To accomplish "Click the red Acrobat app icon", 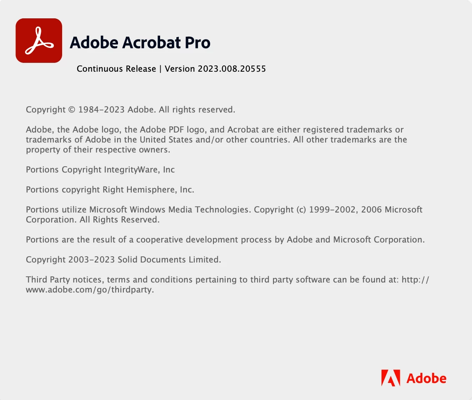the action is (39, 40).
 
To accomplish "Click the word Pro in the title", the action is (198, 42).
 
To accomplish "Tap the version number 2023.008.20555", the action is (232, 69).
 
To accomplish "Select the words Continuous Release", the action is (116, 69).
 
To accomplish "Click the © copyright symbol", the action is (72, 110).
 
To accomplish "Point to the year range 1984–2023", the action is (101, 110).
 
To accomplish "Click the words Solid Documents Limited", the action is (169, 260).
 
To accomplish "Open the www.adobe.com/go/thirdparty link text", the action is (90, 290).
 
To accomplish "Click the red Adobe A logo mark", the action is (391, 378).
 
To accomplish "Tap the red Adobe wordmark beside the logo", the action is (426, 378).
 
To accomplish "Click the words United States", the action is (166, 140).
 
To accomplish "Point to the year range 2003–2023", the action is (91, 260).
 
